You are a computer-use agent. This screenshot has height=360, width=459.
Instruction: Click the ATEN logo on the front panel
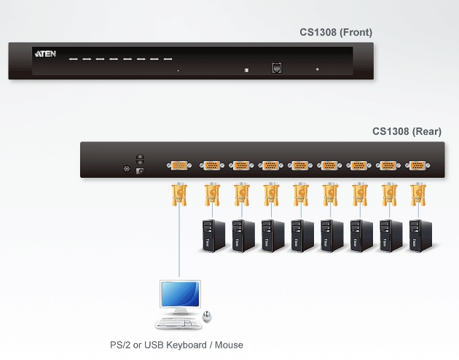[x=42, y=54]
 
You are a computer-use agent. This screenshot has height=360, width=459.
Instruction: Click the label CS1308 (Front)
[x=336, y=31]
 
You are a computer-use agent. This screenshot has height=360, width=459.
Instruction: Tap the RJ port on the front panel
[x=277, y=67]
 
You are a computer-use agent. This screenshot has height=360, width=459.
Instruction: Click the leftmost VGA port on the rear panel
[x=179, y=166]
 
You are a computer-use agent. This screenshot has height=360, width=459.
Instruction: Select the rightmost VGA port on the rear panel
[x=417, y=165]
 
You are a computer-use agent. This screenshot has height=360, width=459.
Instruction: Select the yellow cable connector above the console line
[x=179, y=194]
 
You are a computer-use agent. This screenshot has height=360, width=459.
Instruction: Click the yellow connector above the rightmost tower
[x=417, y=194]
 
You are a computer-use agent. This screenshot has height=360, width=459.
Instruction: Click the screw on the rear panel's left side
[x=126, y=171]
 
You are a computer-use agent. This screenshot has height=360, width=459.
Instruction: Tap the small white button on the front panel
[x=246, y=70]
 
